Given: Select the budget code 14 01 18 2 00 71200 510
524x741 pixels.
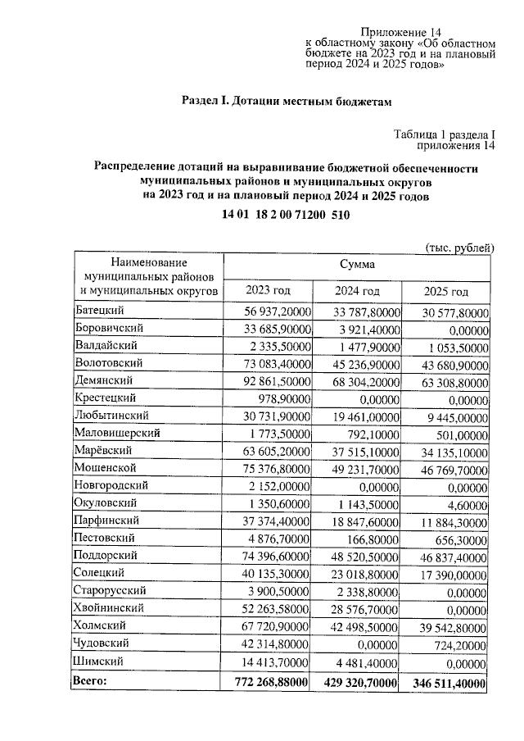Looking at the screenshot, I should (x=286, y=215).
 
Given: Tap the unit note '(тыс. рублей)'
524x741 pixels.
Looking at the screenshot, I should (x=460, y=247).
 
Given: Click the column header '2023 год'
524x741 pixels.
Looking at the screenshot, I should (x=268, y=291).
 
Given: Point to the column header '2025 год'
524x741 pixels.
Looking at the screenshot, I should (x=446, y=292).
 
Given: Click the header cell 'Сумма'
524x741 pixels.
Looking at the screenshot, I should (x=358, y=265).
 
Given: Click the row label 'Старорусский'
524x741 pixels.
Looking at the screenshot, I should (x=111, y=590).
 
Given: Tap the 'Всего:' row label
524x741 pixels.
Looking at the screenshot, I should (x=91, y=680).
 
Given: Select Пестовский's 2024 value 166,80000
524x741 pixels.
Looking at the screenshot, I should (x=373, y=539).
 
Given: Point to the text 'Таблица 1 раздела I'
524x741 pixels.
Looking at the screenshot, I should (x=445, y=135).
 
